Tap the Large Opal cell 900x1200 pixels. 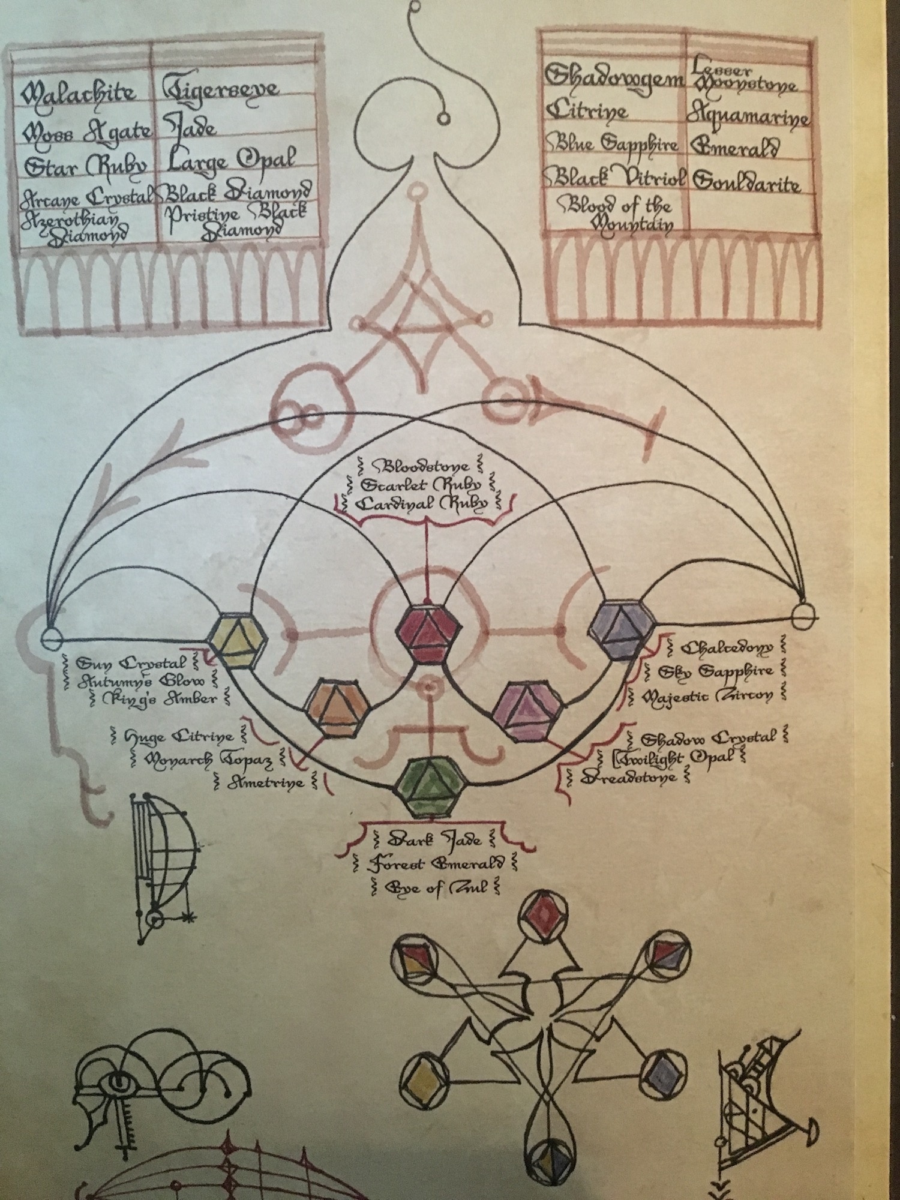coord(231,160)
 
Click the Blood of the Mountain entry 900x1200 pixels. coord(615,215)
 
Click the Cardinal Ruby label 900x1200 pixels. coord(422,504)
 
